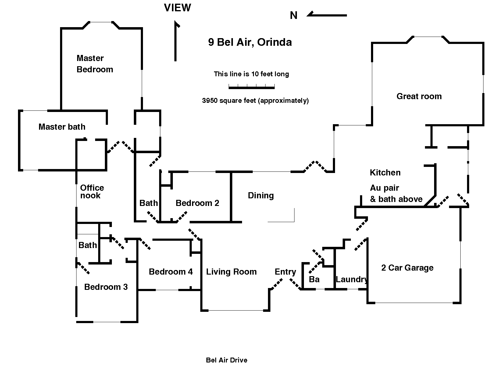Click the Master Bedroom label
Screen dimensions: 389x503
point(95,64)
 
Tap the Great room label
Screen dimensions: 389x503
point(419,96)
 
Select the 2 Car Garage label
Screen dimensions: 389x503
point(407,268)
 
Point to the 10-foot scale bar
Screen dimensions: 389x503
point(252,88)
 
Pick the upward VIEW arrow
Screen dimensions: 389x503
point(176,41)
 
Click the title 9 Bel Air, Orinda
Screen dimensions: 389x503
point(250,42)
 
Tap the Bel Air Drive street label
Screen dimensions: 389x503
point(227,360)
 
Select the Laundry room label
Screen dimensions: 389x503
point(351,279)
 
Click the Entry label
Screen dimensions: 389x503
point(285,272)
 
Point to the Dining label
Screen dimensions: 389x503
point(261,196)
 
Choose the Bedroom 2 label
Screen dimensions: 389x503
point(197,203)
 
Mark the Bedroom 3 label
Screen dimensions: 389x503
point(106,287)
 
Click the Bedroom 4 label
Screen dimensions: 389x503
point(171,272)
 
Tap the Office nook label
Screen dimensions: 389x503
point(92,192)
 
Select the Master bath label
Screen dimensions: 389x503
point(62,127)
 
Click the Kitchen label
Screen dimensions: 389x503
point(385,173)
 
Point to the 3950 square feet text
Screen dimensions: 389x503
point(255,101)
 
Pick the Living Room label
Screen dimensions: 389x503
point(231,272)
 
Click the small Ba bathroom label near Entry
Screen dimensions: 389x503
point(314,279)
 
